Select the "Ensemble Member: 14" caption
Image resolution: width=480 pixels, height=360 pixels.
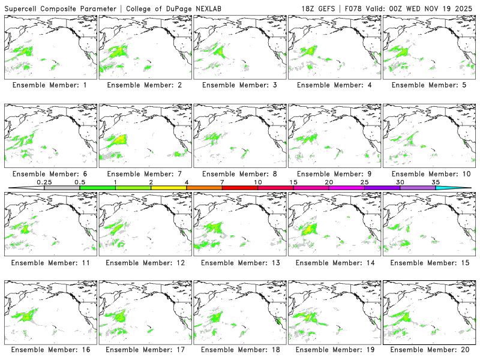pyautogui.click(x=335, y=262)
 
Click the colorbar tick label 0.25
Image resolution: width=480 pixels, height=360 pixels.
pyautogui.click(x=44, y=182)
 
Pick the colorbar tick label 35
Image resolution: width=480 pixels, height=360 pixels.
pyautogui.click(x=436, y=182)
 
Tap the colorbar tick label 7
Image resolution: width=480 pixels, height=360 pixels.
pyautogui.click(x=222, y=182)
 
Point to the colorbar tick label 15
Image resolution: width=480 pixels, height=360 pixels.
pyautogui.click(x=293, y=182)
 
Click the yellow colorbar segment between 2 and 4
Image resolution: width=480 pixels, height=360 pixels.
pyautogui.click(x=169, y=188)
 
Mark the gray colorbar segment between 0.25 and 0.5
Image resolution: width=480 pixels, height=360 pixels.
pyautogui.click(x=62, y=188)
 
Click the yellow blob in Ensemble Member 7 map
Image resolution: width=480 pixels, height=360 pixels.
pyautogui.click(x=121, y=140)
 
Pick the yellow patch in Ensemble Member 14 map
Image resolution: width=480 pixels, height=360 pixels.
pyautogui.click(x=310, y=229)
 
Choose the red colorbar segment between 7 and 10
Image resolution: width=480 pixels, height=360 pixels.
pyautogui.click(x=240, y=188)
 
